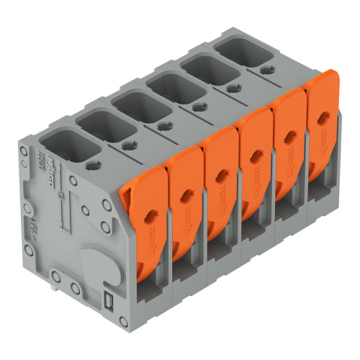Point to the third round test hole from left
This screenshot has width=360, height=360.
point(164,126)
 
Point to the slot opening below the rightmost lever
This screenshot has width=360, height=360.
point(317,193)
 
